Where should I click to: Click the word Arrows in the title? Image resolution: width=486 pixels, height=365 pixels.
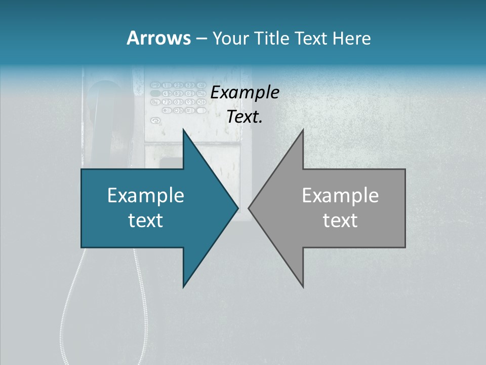(x=158, y=38)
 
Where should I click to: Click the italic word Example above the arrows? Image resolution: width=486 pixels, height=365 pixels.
(x=245, y=93)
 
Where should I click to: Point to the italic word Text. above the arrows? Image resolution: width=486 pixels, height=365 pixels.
(x=245, y=117)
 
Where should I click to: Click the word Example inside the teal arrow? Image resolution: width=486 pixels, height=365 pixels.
(x=146, y=195)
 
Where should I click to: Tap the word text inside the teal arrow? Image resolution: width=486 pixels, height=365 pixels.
(x=146, y=220)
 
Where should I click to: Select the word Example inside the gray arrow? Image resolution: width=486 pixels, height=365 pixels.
(x=340, y=195)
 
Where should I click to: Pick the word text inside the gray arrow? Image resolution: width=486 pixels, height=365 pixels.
(x=340, y=220)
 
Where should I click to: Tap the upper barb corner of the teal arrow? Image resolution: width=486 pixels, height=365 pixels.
(x=184, y=131)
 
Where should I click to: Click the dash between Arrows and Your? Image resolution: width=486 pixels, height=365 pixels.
(x=201, y=39)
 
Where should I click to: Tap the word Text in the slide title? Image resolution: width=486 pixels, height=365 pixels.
(x=313, y=39)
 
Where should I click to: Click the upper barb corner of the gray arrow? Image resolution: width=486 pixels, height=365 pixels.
(x=302, y=131)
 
